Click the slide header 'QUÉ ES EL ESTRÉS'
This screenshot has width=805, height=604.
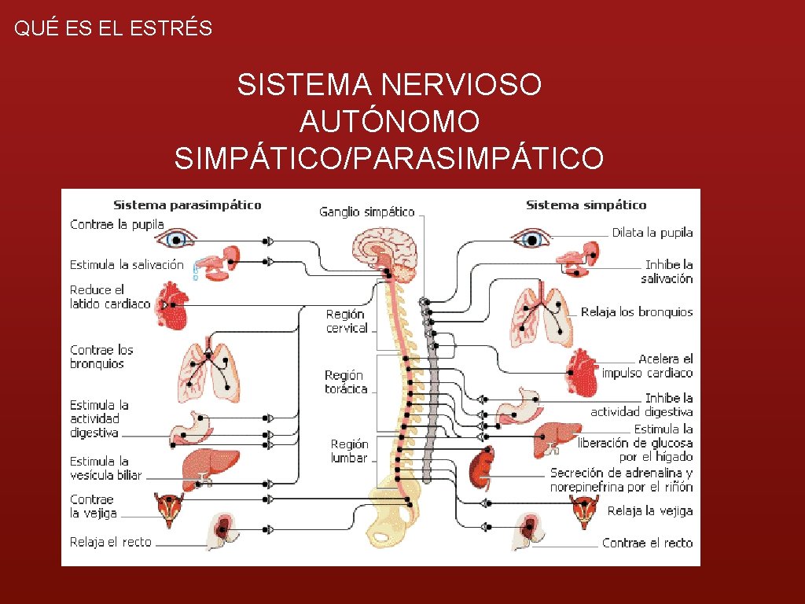(x=113, y=29)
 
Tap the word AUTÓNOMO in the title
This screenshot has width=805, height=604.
(x=389, y=121)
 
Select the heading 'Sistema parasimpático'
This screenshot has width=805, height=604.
(x=187, y=205)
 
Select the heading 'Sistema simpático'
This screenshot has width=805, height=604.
(x=586, y=205)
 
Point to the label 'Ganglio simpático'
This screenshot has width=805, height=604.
(x=366, y=212)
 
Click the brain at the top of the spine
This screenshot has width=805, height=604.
(x=384, y=251)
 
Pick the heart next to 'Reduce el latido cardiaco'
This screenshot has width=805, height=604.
(x=171, y=304)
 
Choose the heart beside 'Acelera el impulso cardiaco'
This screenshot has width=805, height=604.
(x=581, y=372)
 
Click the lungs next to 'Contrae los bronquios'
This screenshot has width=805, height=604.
(x=208, y=370)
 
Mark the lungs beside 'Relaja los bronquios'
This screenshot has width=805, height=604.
(x=542, y=316)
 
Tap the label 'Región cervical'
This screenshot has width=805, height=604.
(x=347, y=321)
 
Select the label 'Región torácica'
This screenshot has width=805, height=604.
(x=346, y=382)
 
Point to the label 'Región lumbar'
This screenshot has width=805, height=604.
(x=349, y=451)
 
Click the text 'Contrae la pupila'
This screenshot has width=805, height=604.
(x=111, y=224)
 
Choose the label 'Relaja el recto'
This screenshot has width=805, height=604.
(x=110, y=542)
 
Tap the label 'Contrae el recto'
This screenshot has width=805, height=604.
(x=647, y=543)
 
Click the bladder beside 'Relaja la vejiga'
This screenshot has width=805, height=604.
(x=583, y=509)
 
